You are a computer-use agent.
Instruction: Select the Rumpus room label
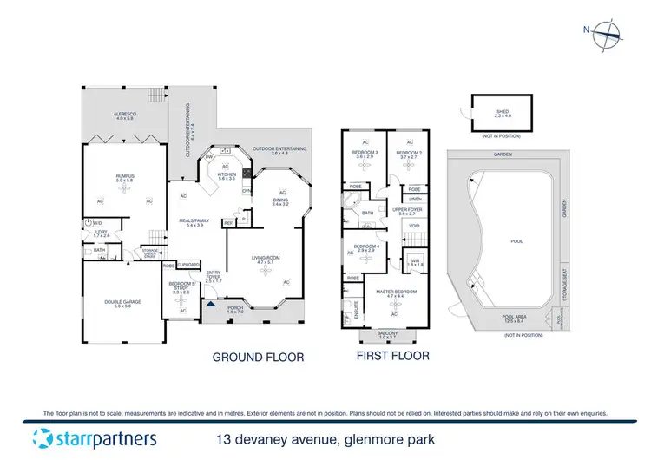[x=126, y=178]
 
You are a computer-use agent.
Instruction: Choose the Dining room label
[x=279, y=201]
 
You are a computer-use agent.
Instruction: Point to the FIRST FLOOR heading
[x=392, y=356]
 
